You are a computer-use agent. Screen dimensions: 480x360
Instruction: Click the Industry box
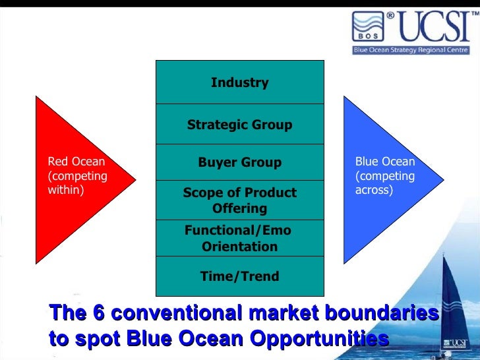click(x=239, y=82)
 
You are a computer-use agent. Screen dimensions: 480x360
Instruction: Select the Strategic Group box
click(x=239, y=125)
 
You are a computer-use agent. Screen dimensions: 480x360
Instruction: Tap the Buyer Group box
click(x=239, y=162)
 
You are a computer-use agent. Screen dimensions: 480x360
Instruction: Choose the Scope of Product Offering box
click(x=239, y=200)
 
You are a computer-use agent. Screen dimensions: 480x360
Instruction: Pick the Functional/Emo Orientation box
click(x=239, y=238)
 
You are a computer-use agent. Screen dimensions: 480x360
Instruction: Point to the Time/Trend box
click(x=239, y=276)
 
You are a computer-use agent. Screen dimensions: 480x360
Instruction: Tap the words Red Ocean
click(x=76, y=162)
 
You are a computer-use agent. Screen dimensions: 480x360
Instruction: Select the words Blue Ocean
click(x=385, y=162)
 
